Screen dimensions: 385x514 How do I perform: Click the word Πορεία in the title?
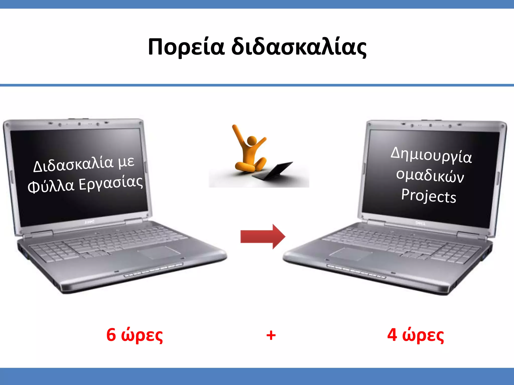pyautogui.click(x=186, y=47)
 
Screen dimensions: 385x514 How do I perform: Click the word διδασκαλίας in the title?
pyautogui.click(x=299, y=47)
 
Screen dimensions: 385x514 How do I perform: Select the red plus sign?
pyautogui.click(x=271, y=335)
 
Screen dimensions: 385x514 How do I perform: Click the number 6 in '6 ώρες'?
pyautogui.click(x=111, y=335)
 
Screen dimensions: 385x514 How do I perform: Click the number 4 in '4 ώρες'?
pyautogui.click(x=392, y=335)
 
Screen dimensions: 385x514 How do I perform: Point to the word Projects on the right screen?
pyautogui.click(x=429, y=196)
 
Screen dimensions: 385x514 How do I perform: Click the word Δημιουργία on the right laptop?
pyautogui.click(x=431, y=155)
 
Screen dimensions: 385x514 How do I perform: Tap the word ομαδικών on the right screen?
pyautogui.click(x=430, y=175)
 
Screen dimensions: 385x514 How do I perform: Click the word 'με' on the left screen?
pyautogui.click(x=126, y=161)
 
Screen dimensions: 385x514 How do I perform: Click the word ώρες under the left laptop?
pyautogui.click(x=142, y=335)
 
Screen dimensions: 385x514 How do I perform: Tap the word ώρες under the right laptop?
pyautogui.click(x=423, y=335)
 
